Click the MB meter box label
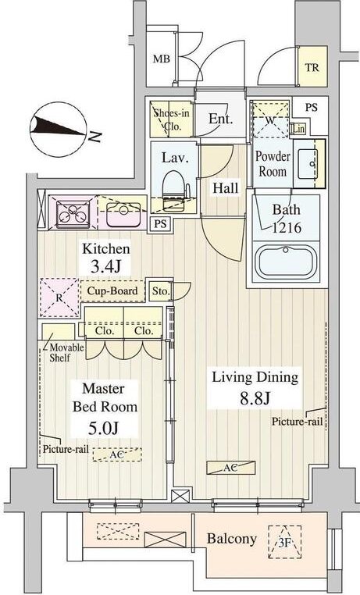click(x=161, y=59)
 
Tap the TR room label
click(x=312, y=68)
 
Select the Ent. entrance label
click(x=220, y=119)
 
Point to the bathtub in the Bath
click(x=287, y=261)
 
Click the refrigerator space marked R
click(x=59, y=297)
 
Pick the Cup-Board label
click(x=112, y=291)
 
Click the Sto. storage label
click(x=160, y=291)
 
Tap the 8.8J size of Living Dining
click(x=255, y=398)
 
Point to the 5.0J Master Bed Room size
click(x=103, y=428)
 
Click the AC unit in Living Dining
click(x=230, y=468)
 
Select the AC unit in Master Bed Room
click(x=117, y=454)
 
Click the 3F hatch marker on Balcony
click(x=284, y=542)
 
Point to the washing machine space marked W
click(x=270, y=119)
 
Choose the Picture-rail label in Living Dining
click(x=297, y=422)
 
